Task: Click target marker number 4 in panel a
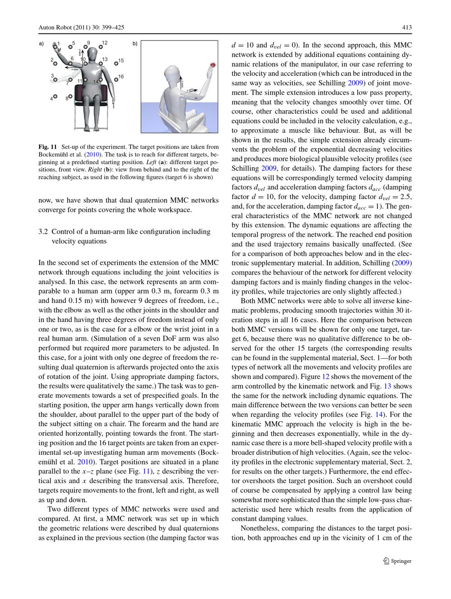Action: [55, 96]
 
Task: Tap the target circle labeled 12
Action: [99, 45]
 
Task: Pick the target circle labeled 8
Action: [70, 96]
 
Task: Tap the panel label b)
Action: [135, 44]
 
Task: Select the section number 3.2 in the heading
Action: [43, 232]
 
